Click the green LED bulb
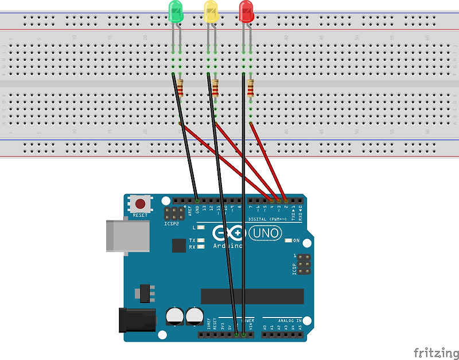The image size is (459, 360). [176, 11]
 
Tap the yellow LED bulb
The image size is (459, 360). [211, 11]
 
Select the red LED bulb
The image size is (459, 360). [246, 11]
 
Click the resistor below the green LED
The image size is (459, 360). [181, 88]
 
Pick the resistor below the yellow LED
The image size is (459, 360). [215, 88]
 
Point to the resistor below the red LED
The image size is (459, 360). [250, 88]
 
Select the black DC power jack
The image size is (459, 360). [137, 319]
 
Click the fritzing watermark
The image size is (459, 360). [435, 352]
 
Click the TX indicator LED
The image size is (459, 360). [201, 241]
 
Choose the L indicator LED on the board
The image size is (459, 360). [201, 228]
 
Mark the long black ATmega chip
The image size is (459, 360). [252, 296]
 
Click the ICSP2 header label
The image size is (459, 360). [172, 224]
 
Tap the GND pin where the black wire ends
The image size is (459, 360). [197, 200]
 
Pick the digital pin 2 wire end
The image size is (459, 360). [285, 200]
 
